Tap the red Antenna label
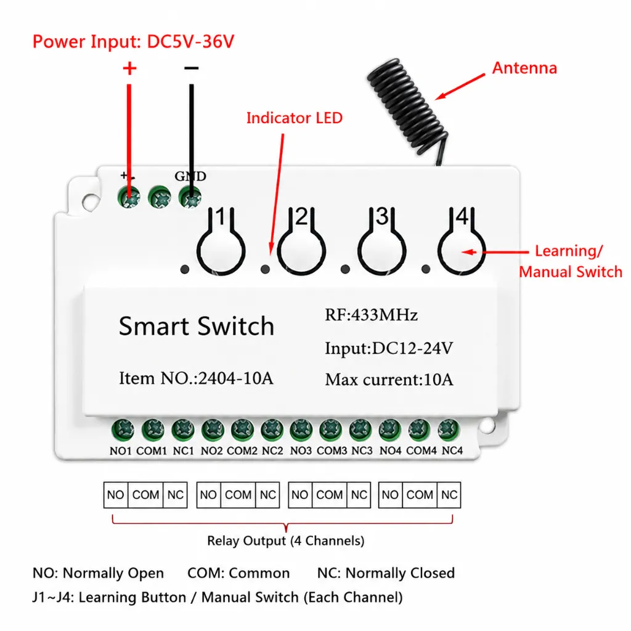coord(524,68)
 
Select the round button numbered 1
coord(221,251)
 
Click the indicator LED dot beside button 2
coord(265,269)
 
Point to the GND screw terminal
coord(190,197)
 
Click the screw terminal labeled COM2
coord(242,429)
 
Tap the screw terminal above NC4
coord(449,429)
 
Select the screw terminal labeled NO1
coord(123,429)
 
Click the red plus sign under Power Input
coord(129,68)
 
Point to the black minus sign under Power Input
coord(191,68)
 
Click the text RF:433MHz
coord(371,315)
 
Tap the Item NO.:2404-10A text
coord(196,378)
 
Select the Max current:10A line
coord(389,380)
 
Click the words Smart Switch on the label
coord(197,326)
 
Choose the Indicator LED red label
coord(294,118)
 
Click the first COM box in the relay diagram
coord(145,495)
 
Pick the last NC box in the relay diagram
coord(449,495)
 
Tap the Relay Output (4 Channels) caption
coord(286,540)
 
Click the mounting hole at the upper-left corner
coord(90,201)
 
